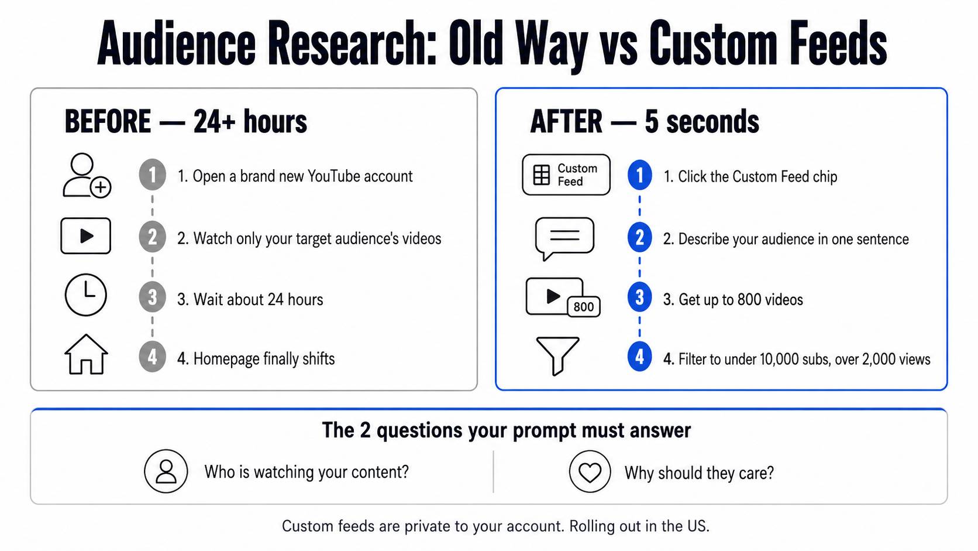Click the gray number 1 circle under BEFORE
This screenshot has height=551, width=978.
click(x=153, y=174)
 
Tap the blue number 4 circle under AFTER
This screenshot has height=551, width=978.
click(x=640, y=357)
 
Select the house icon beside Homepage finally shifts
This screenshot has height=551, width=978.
click(x=86, y=354)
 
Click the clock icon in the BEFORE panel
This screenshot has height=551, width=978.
click(x=85, y=295)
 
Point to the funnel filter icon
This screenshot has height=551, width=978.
click(x=557, y=355)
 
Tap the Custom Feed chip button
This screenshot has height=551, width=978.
click(x=566, y=174)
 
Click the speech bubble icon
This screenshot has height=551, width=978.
click(x=564, y=238)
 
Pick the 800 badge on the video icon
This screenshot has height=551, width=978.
click(x=583, y=307)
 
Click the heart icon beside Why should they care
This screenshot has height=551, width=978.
click(x=590, y=472)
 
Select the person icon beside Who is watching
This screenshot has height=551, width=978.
click(x=166, y=471)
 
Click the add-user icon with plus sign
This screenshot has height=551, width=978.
click(x=87, y=175)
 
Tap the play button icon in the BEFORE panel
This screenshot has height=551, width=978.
click(x=85, y=236)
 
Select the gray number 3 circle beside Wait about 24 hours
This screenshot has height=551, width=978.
click(x=153, y=297)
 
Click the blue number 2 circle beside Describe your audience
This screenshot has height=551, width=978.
click(x=640, y=238)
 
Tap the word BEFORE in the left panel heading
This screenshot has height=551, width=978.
click(x=108, y=121)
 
